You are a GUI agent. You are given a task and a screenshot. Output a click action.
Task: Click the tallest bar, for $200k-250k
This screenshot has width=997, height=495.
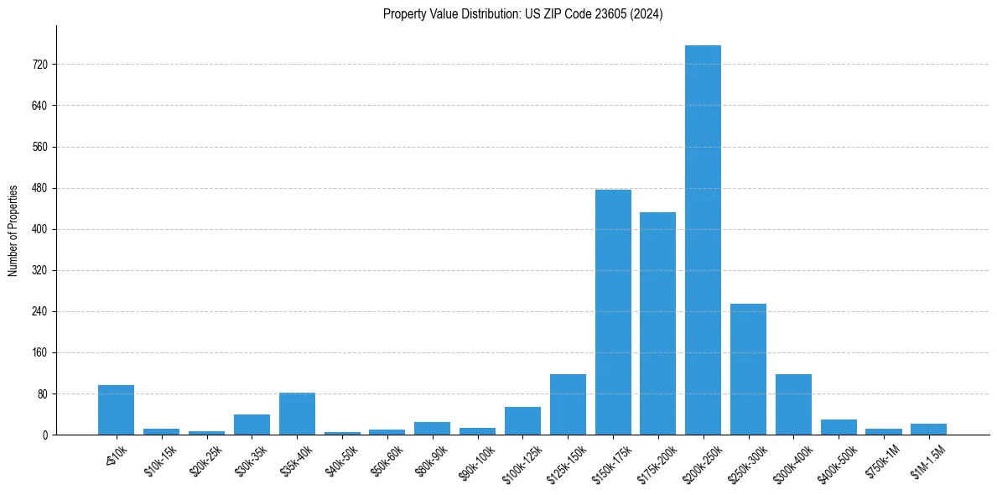pos(703,240)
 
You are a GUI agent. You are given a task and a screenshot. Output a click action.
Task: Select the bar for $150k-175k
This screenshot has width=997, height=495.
pos(613,312)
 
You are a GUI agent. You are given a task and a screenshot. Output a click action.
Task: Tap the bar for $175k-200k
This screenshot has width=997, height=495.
pos(657,323)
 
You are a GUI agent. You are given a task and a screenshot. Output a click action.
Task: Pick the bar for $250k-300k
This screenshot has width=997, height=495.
pos(748,369)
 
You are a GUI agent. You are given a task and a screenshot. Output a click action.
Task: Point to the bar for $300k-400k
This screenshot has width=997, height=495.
pos(793,404)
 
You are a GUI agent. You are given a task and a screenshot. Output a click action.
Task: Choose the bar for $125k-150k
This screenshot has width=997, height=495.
pos(568,404)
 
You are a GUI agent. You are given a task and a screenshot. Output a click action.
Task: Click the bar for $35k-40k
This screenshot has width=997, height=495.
pos(297,414)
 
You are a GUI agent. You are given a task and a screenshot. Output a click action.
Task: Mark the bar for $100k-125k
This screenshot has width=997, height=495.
pos(522,421)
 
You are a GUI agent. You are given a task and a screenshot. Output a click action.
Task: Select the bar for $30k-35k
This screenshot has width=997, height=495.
pos(252,425)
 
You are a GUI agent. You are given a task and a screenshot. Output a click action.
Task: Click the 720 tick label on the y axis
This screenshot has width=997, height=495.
pos(39,65)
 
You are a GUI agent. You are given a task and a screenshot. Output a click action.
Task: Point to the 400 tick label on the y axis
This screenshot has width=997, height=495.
pos(39,229)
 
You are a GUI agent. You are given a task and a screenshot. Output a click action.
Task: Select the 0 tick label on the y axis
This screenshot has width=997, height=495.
pos(44,435)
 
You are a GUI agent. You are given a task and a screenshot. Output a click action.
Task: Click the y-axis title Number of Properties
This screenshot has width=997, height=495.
pos(13,231)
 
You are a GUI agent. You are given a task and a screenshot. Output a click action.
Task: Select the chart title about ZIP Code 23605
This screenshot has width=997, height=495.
pos(522,14)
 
